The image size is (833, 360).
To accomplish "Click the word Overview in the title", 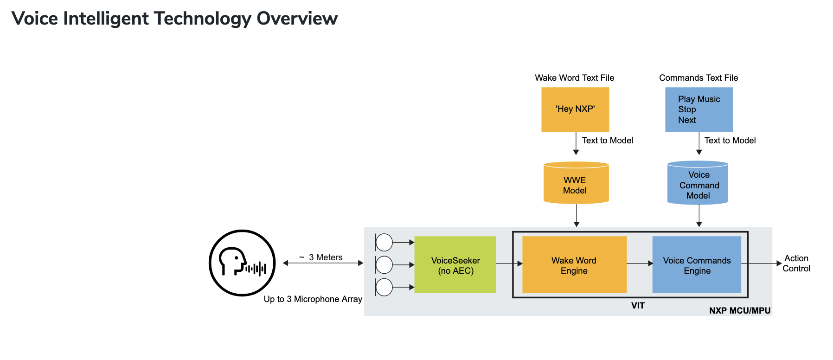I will tap(297, 19).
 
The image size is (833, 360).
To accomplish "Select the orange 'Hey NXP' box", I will tap(575, 109).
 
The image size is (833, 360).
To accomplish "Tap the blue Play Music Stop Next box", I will tap(699, 109).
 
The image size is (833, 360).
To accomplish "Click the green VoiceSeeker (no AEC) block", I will tap(455, 265).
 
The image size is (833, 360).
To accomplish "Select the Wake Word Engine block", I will tap(574, 265).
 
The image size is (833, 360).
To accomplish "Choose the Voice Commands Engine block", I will tap(697, 265).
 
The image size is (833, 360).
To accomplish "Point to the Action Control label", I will tap(796, 263).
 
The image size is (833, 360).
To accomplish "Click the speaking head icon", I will tap(242, 263).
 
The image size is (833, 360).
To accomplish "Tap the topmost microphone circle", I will tap(384, 242).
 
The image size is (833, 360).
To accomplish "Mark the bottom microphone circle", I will tap(384, 287).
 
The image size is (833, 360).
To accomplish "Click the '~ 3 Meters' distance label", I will tap(321, 257).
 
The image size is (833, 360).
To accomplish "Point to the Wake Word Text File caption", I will tap(574, 78).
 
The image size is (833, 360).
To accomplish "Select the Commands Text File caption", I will tap(698, 78).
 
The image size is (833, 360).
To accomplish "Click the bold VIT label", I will tap(638, 305).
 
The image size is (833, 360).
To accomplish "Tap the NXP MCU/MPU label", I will tap(740, 310).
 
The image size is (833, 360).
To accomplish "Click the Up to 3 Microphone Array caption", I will tap(313, 299).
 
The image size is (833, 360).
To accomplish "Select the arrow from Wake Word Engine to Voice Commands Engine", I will tap(640, 264).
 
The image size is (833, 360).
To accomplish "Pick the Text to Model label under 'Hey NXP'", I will tap(607, 141).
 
